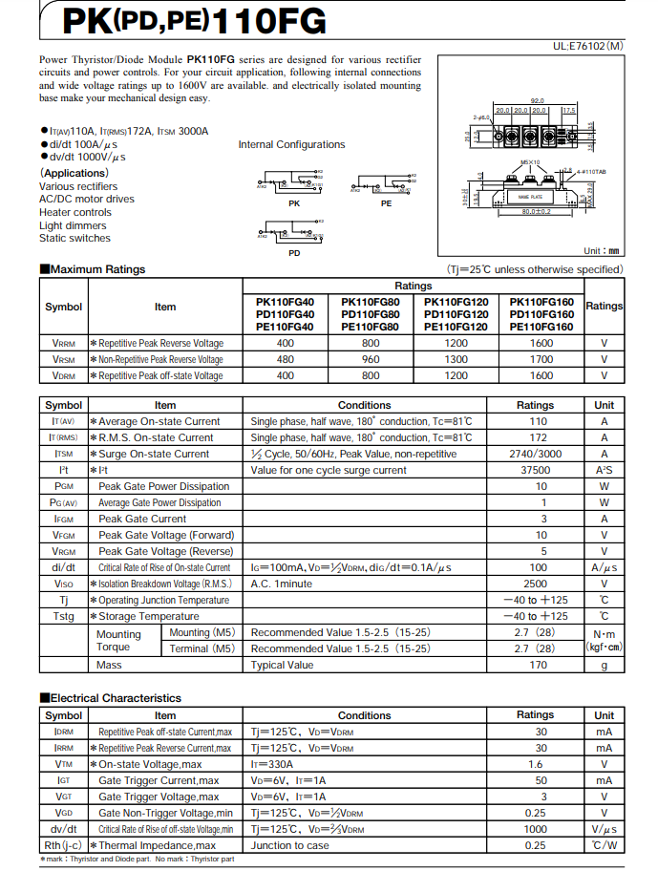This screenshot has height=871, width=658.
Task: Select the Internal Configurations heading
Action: coord(291,145)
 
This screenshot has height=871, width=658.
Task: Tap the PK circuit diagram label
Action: coord(293,203)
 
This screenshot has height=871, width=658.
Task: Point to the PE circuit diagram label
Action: coord(386,203)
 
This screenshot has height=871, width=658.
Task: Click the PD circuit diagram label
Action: coord(294,252)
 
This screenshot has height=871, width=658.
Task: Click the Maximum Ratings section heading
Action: coord(93,269)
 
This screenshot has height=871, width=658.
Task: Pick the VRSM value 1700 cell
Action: coord(541,359)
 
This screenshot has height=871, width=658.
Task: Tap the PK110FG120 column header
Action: coord(456,301)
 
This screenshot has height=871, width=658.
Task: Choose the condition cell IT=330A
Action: coord(271,764)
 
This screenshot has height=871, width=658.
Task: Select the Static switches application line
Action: coord(74,239)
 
